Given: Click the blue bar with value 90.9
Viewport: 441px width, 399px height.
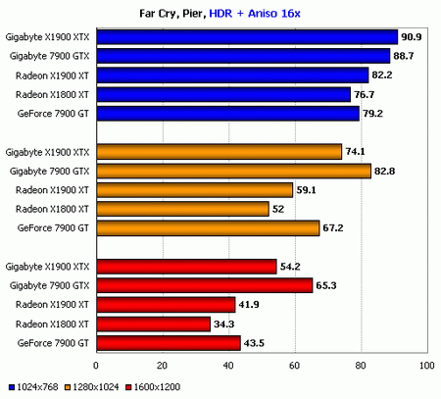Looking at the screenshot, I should [x=245, y=37].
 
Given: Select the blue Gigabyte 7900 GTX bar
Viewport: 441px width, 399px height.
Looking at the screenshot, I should [x=241, y=56].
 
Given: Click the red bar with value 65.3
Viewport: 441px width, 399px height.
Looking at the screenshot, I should [x=203, y=285].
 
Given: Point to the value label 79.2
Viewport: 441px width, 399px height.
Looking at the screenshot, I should [x=373, y=114].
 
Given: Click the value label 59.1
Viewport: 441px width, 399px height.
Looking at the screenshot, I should [x=307, y=190].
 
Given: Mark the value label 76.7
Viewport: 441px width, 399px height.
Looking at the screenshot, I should [x=366, y=95].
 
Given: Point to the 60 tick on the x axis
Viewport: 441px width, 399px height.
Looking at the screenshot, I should [x=294, y=366].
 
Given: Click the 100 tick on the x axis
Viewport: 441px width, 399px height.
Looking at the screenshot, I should [x=425, y=366].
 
